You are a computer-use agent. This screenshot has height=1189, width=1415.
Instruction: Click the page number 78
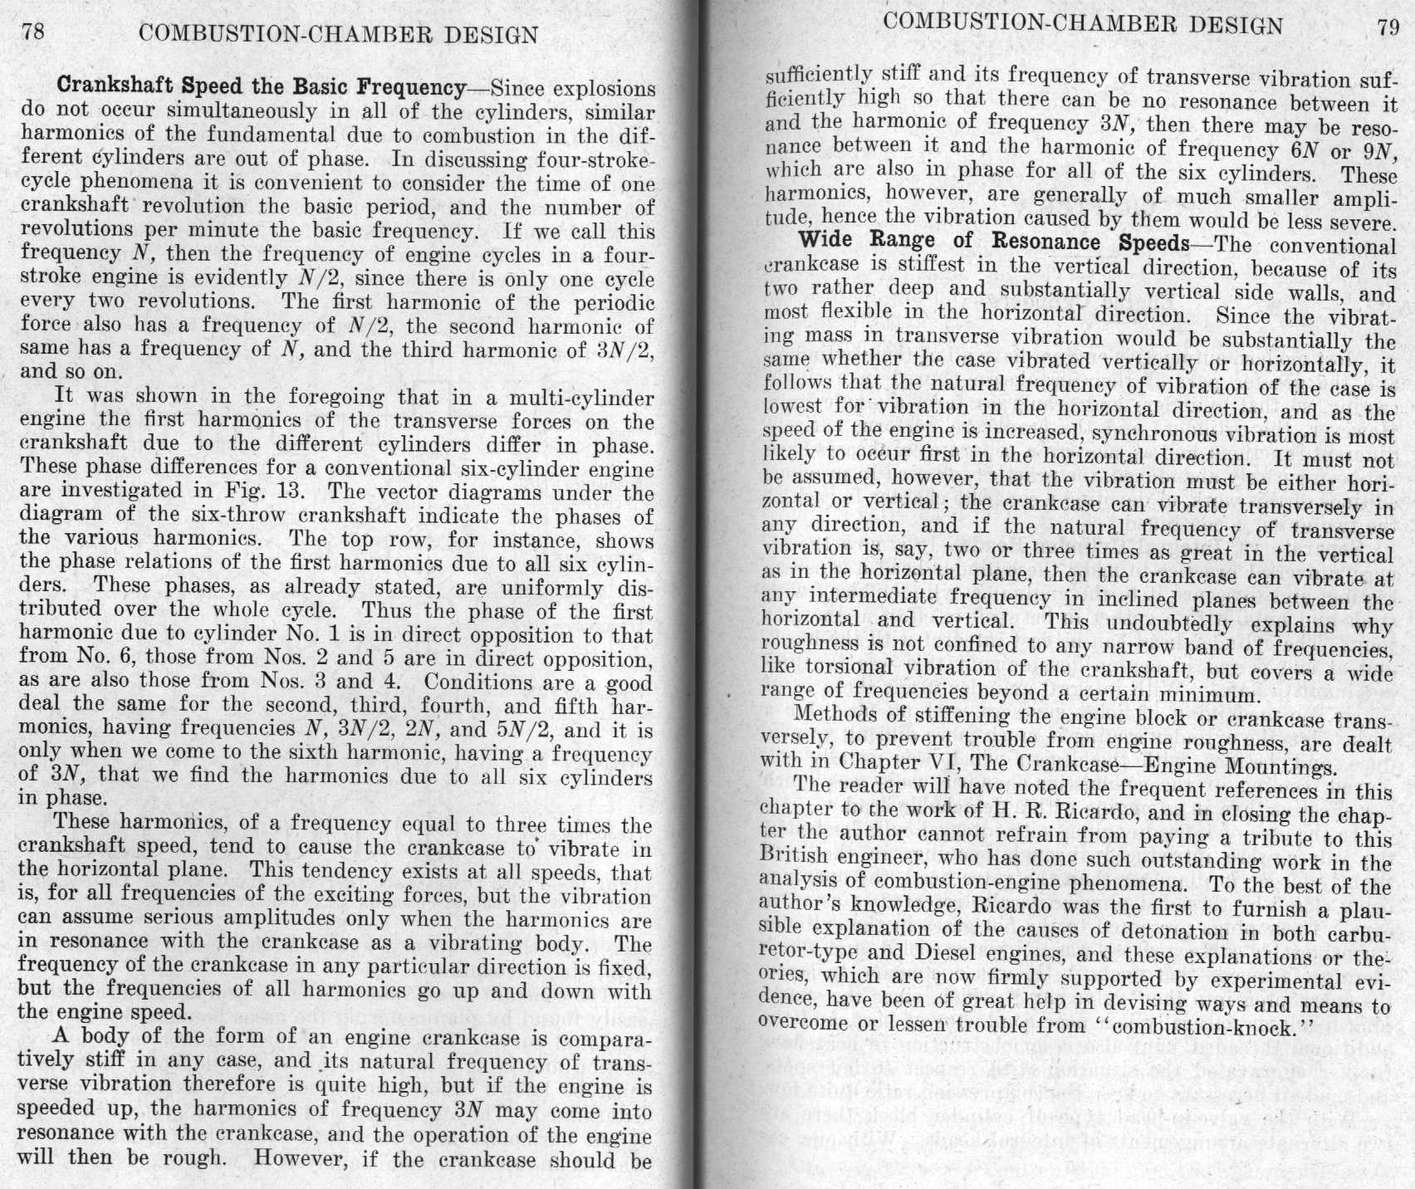click(33, 32)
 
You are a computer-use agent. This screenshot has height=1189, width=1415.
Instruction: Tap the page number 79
click(1387, 27)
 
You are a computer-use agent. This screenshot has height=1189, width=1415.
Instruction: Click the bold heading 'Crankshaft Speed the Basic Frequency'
click(260, 86)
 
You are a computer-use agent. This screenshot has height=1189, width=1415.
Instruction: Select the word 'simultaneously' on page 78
click(237, 110)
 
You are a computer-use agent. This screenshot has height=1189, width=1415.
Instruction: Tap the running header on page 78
click(339, 35)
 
